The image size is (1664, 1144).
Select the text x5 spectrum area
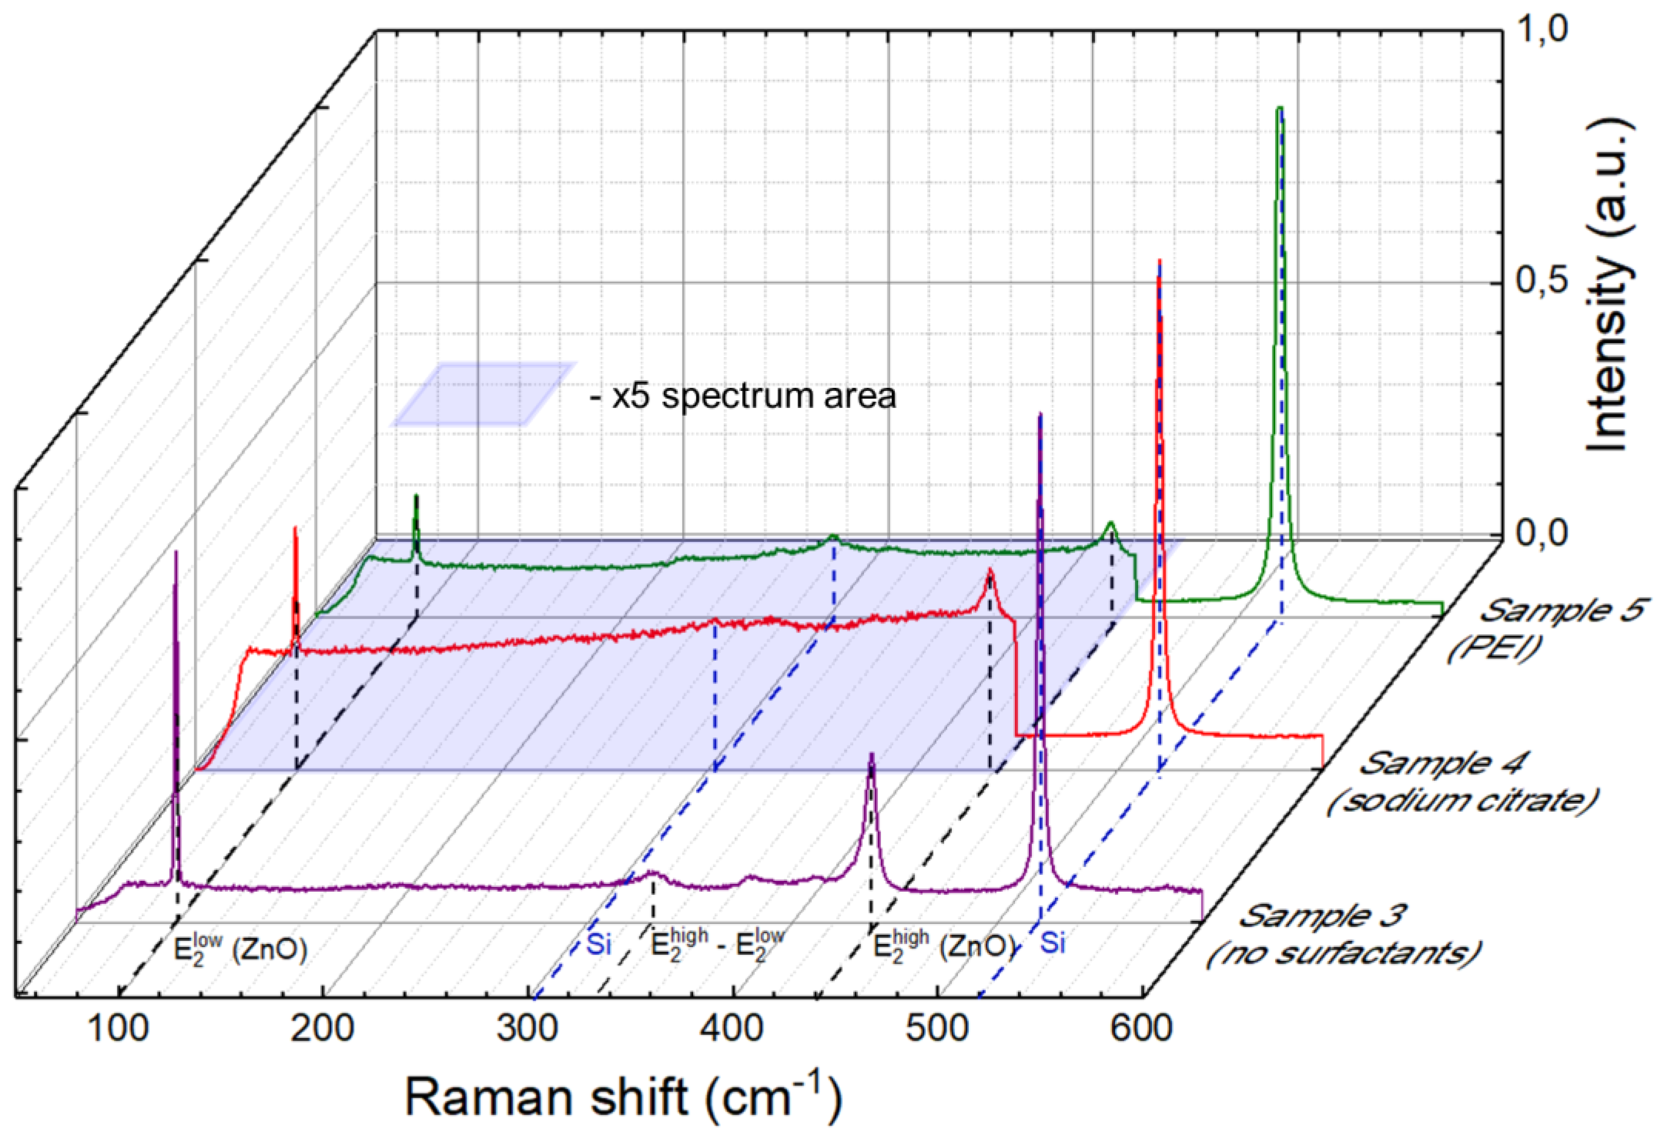(x=743, y=397)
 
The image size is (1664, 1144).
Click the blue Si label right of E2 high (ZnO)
(x=1052, y=943)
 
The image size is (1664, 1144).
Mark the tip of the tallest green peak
(x=1280, y=109)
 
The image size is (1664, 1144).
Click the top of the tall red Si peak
(x=1159, y=261)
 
